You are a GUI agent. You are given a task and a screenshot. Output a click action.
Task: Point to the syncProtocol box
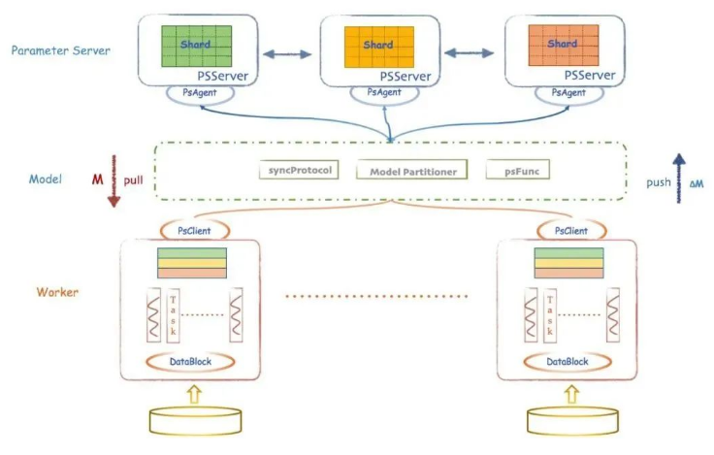tap(299, 170)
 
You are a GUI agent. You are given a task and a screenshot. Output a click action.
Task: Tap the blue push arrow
tap(680, 176)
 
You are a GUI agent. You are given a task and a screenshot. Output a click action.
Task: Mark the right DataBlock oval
tap(567, 361)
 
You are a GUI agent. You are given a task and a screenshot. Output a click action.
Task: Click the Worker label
tap(57, 291)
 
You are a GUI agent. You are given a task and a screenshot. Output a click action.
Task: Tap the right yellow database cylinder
tap(568, 420)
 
